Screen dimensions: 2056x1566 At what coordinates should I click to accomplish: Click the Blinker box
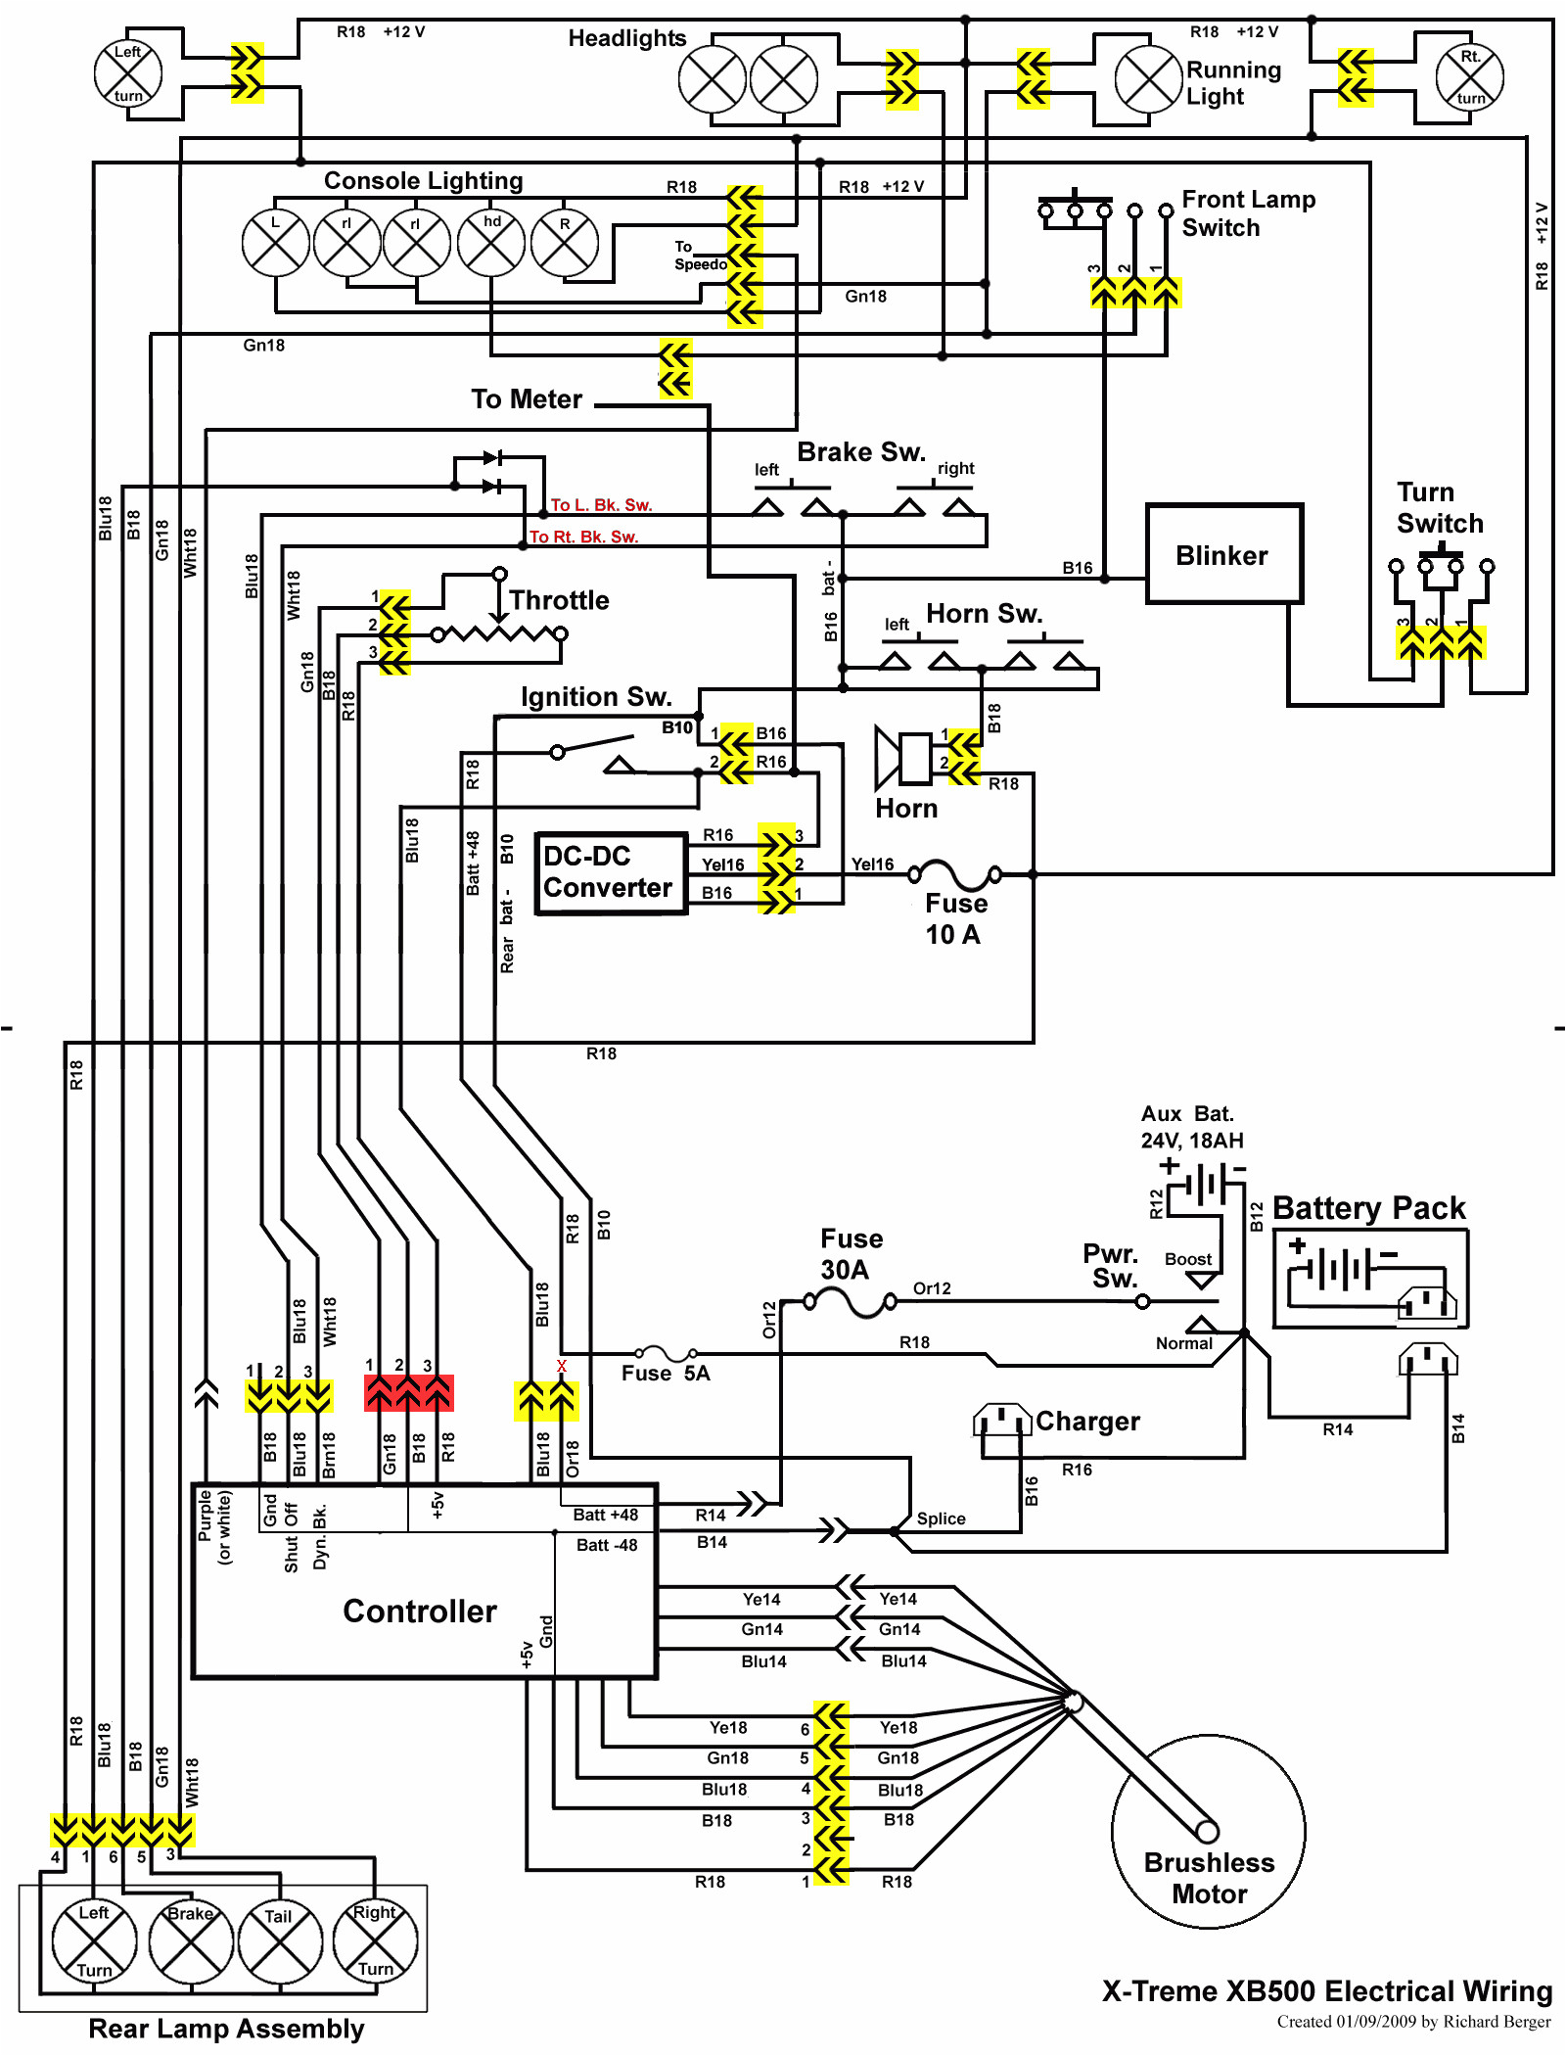pyautogui.click(x=1223, y=554)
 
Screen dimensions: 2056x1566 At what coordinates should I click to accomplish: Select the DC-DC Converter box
pyautogui.click(x=611, y=872)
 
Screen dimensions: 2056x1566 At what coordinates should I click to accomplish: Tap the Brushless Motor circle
pyautogui.click(x=1209, y=1831)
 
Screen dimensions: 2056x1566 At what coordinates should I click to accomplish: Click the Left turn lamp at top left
pyautogui.click(x=128, y=73)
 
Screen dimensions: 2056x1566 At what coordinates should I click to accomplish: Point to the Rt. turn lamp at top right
pyautogui.click(x=1469, y=77)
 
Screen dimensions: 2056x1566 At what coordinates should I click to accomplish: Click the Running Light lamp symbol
pyautogui.click(x=1149, y=79)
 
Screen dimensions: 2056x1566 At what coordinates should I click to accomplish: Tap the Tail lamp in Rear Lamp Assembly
pyautogui.click(x=280, y=1940)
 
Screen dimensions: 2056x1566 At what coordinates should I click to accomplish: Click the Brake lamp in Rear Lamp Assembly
pyautogui.click(x=191, y=1940)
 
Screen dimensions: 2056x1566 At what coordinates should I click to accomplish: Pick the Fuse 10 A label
pyautogui.click(x=955, y=918)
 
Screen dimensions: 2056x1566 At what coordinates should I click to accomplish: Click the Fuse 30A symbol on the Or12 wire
pyautogui.click(x=850, y=1302)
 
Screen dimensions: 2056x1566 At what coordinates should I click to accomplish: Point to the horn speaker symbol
pyautogui.click(x=902, y=758)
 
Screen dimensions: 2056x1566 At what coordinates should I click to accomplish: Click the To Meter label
pyautogui.click(x=527, y=399)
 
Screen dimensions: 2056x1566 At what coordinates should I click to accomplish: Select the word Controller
pyautogui.click(x=420, y=1612)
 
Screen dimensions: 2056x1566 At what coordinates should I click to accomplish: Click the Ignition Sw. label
pyautogui.click(x=595, y=696)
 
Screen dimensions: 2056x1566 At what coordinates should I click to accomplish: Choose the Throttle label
pyautogui.click(x=559, y=600)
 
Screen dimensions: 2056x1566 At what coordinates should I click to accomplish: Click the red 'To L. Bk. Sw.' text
pyautogui.click(x=601, y=505)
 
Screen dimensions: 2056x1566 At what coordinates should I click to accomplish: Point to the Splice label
pyautogui.click(x=941, y=1519)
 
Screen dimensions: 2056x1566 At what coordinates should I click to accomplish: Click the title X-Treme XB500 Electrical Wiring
pyautogui.click(x=1327, y=1991)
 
